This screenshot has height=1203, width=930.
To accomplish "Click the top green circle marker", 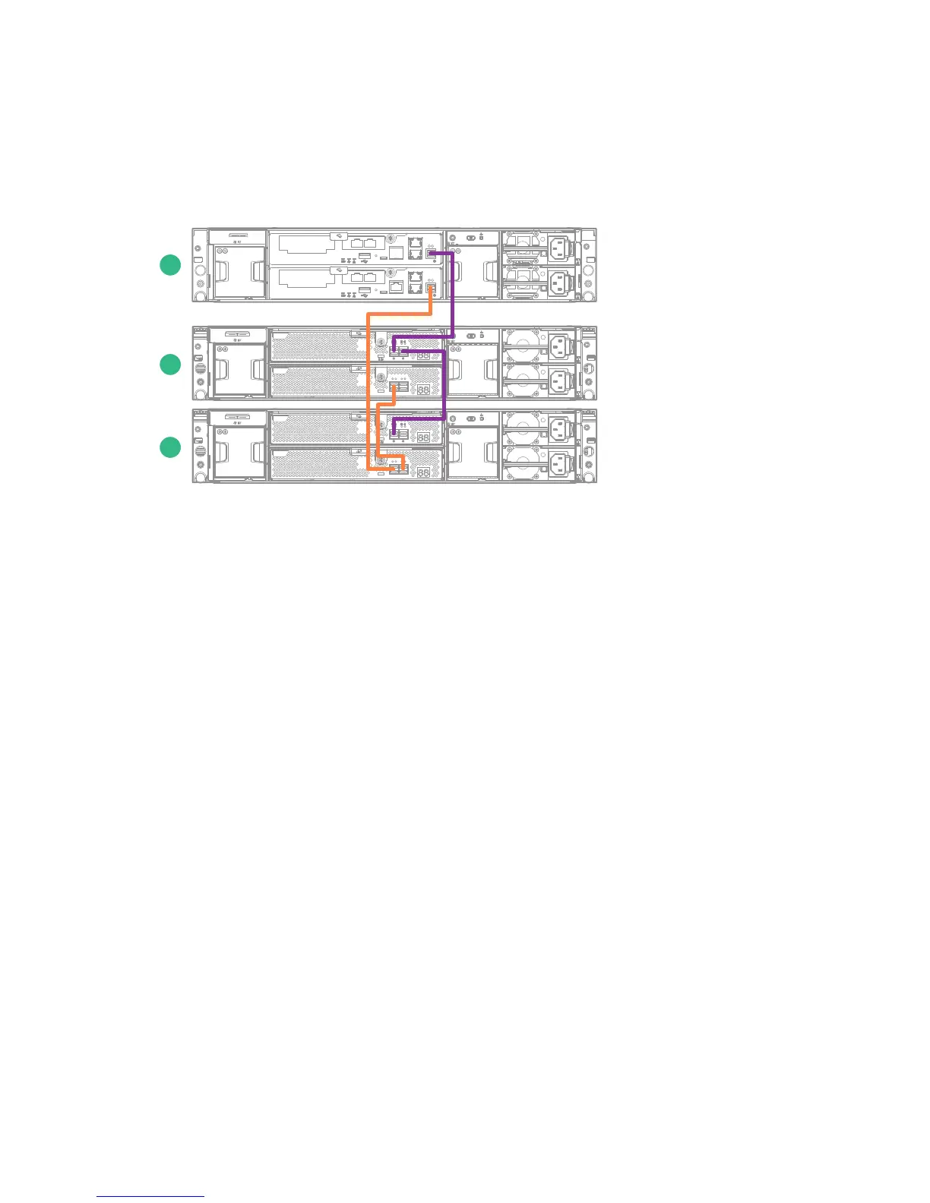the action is pos(170,265).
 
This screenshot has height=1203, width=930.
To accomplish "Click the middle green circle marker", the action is pos(170,364).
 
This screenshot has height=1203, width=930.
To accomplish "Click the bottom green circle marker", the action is pos(170,447).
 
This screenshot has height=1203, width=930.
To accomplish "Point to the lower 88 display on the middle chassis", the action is pos(424,388).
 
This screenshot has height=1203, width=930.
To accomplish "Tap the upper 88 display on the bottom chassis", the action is pos(424,438).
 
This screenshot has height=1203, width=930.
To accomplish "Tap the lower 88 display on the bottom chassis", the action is pos(424,472).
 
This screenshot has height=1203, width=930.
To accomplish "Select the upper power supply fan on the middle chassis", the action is pos(524,347).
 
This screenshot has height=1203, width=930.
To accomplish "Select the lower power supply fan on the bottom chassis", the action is pos(524,464).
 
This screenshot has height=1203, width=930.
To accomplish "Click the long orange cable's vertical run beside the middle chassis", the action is pos(369,365).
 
